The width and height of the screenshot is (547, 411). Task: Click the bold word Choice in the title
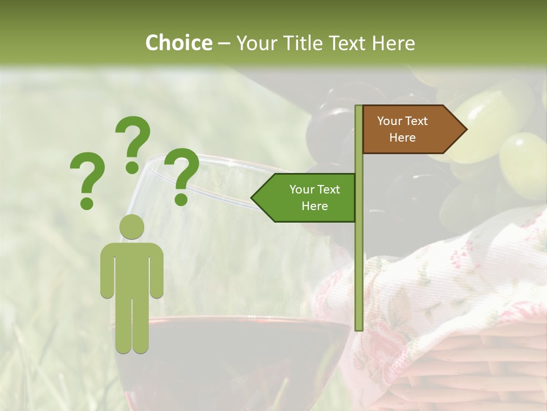178,43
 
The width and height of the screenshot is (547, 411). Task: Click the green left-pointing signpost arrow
305,198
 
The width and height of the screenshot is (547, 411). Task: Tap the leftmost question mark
87,174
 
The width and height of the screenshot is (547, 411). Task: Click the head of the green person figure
132,227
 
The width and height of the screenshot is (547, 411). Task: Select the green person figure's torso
132,268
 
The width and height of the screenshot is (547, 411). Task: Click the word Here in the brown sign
402,138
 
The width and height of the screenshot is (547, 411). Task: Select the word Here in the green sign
315,206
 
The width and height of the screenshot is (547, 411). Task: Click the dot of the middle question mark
132,167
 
